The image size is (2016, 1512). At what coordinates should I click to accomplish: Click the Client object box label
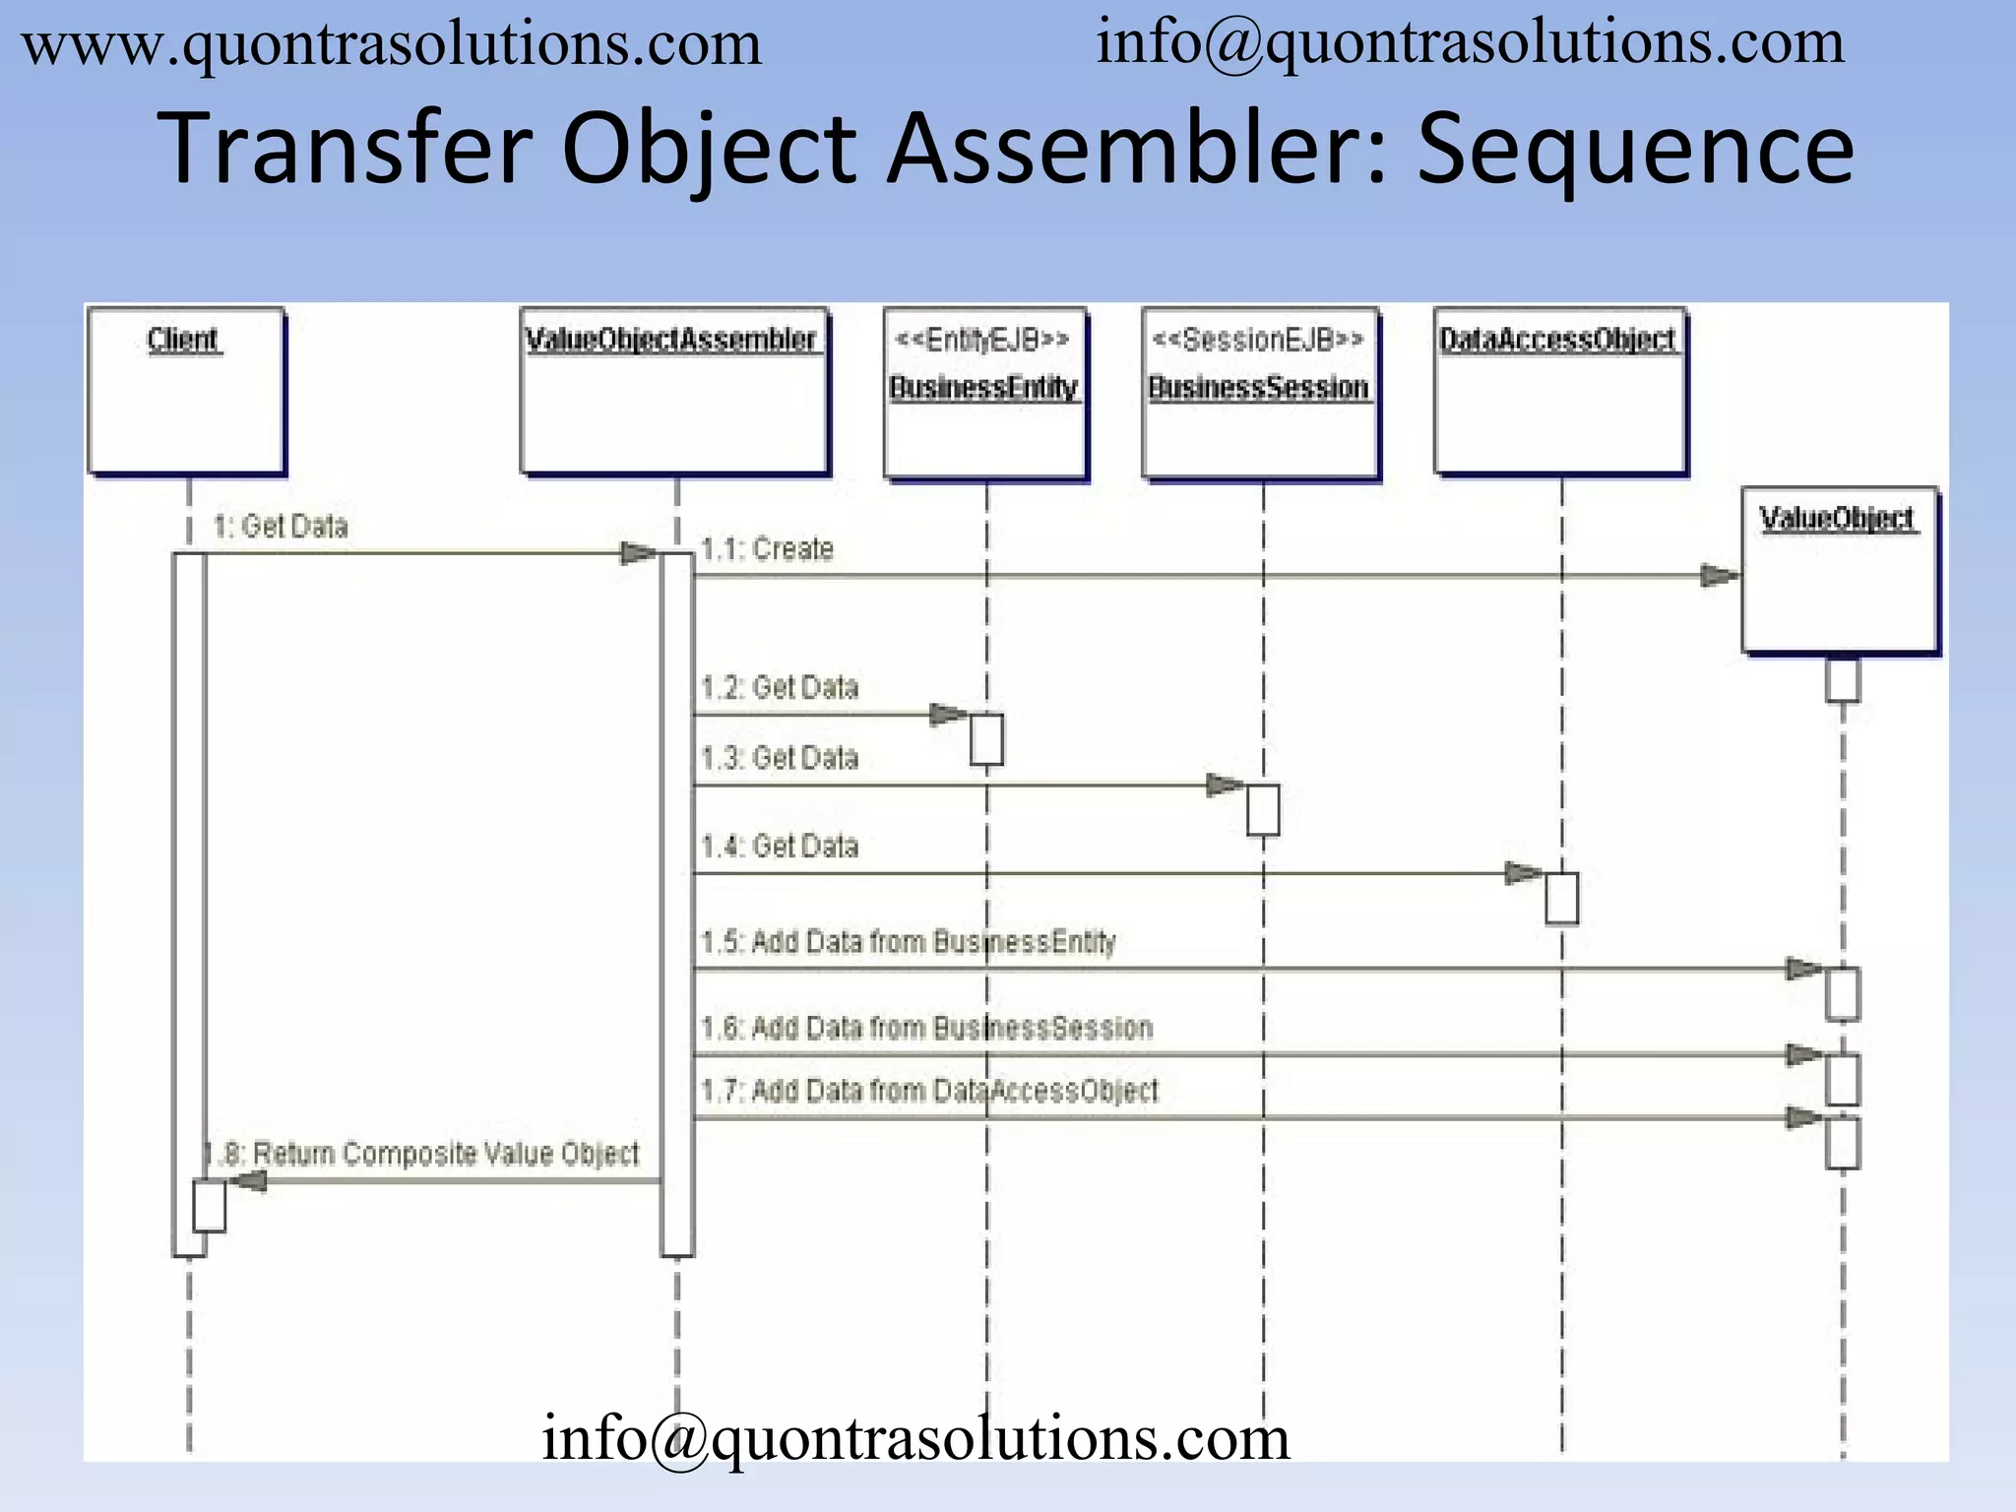click(183, 340)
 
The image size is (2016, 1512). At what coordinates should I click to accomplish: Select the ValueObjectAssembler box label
click(671, 340)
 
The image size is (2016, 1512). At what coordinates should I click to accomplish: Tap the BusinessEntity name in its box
click(983, 387)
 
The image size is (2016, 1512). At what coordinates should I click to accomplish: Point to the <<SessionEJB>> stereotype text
click(1258, 340)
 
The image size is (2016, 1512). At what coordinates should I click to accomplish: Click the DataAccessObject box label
click(1557, 340)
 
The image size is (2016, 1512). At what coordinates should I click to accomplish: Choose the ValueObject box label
click(1837, 518)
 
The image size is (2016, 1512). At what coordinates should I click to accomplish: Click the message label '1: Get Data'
click(281, 527)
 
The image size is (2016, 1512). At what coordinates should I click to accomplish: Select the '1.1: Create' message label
click(767, 549)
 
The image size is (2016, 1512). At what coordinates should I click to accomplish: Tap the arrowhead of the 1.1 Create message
click(1720, 576)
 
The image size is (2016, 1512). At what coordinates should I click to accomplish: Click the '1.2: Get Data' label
click(780, 687)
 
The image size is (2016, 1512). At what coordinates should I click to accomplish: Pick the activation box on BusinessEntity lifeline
click(986, 739)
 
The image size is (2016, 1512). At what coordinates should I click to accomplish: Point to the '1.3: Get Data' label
click(780, 758)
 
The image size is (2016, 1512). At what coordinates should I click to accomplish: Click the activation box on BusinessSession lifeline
click(1263, 809)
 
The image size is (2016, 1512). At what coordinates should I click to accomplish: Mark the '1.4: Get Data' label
click(780, 847)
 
